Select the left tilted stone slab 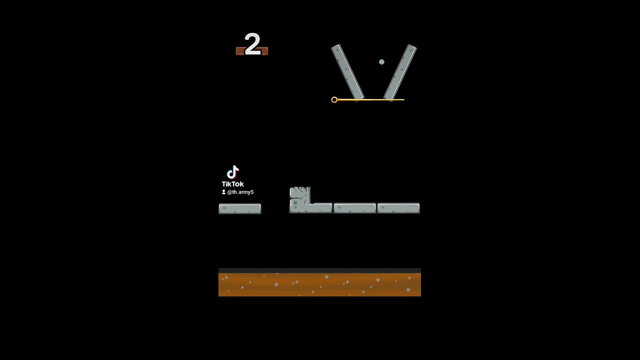347,71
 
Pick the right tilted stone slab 400,71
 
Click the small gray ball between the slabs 381,61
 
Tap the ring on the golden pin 334,99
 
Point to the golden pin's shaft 371,99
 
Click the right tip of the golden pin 404,99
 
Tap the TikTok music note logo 232,172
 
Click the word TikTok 233,184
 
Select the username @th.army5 240,192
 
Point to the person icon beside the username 223,192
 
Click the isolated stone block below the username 240,208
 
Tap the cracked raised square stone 300,195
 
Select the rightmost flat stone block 398,208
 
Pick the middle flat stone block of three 355,208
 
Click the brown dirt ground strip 319,284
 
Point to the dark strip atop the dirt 319,270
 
